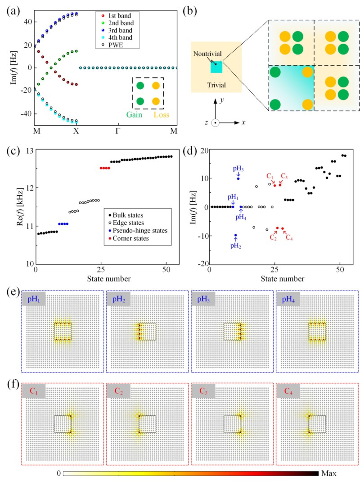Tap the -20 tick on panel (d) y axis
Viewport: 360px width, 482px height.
[x=200, y=264]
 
